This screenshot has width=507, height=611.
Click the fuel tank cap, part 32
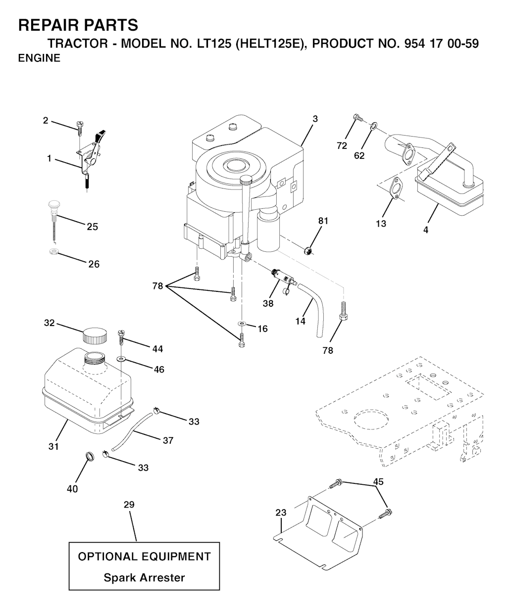point(95,336)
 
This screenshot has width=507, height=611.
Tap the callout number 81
point(323,221)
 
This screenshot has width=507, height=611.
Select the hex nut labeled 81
point(308,251)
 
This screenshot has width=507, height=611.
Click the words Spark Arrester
point(144,577)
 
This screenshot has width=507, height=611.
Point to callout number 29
point(129,505)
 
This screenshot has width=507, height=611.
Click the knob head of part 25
point(53,204)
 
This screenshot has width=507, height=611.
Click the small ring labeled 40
point(90,456)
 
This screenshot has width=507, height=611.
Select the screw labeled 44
point(121,337)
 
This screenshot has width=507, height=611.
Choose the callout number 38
point(268,304)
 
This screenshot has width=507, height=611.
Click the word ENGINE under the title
point(39,58)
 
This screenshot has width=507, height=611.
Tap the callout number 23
point(281,513)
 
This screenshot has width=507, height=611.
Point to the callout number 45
point(378,481)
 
